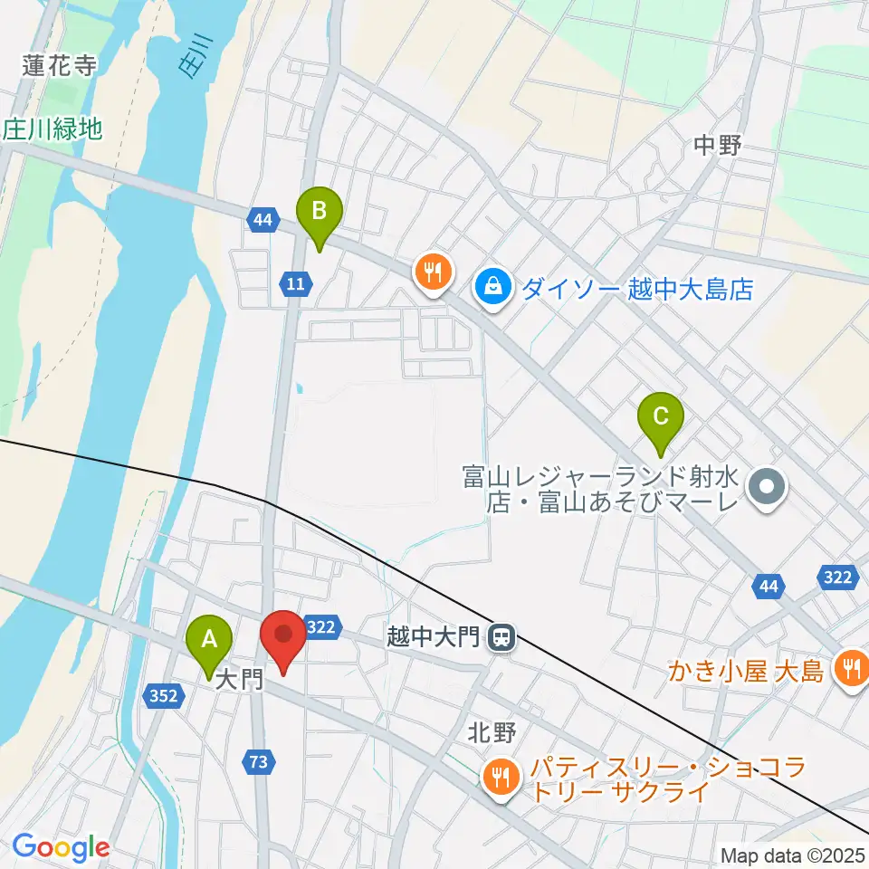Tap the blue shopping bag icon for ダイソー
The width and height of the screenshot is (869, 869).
click(x=492, y=288)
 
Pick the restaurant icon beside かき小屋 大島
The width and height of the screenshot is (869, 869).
click(x=850, y=671)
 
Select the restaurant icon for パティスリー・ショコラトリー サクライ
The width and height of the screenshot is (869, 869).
click(x=499, y=775)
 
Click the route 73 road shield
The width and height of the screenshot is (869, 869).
click(x=259, y=763)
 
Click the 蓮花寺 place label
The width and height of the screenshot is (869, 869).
click(x=60, y=65)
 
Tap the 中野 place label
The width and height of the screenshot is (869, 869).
click(x=718, y=145)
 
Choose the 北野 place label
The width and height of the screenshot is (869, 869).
click(x=492, y=732)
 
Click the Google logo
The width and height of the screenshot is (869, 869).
click(x=61, y=847)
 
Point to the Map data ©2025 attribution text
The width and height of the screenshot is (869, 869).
click(x=793, y=855)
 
